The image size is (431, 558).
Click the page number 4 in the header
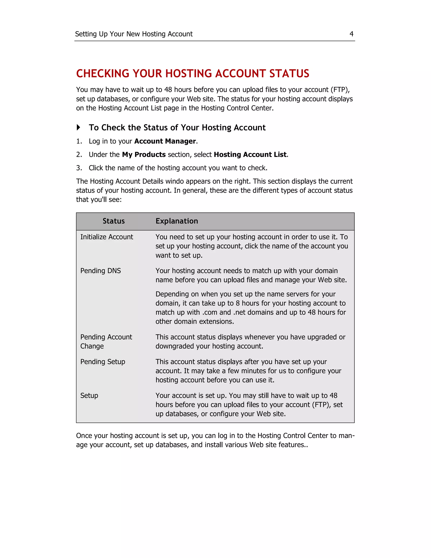tap(351, 34)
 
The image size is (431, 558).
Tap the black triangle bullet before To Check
tap(78, 127)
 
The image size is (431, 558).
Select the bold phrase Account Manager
tap(165, 141)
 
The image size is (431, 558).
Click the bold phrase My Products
tap(144, 155)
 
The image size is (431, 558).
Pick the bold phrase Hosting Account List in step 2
tap(250, 155)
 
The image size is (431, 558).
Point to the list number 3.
tap(79, 168)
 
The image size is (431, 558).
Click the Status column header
tap(114, 221)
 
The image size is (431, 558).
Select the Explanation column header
tap(177, 221)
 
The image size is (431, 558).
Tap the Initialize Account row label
tap(106, 237)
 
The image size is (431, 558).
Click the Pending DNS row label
tap(100, 271)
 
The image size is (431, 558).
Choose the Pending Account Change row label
tap(106, 341)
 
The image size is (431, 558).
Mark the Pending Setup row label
tap(103, 362)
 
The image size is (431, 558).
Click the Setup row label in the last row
tap(89, 395)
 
